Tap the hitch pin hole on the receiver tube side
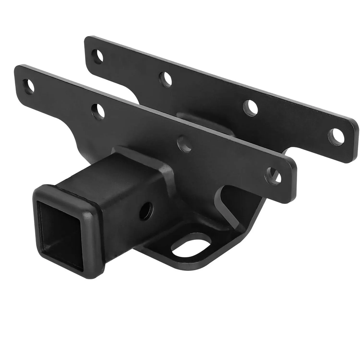146,211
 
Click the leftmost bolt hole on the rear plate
97,56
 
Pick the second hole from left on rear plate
166,79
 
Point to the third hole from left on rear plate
250,108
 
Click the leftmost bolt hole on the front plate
28,86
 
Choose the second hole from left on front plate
98,111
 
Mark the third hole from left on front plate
185,144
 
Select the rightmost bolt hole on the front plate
273,175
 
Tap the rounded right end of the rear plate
351,140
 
